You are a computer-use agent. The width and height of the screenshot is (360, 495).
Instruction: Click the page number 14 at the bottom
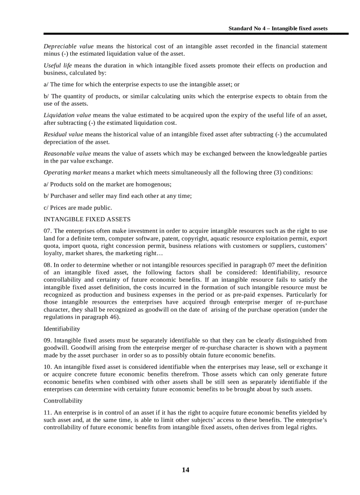coord(185,470)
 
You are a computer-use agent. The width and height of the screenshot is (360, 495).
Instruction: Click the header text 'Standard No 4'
coord(247,28)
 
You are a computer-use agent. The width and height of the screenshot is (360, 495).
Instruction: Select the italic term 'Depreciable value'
coord(68,46)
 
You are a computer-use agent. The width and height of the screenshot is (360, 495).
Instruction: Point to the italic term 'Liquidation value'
coord(67,115)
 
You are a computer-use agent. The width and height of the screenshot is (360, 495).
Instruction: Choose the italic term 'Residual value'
coord(63,134)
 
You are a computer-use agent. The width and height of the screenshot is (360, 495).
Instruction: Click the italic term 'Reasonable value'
coord(67,153)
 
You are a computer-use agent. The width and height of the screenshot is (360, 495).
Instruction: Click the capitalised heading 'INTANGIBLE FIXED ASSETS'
coord(87,219)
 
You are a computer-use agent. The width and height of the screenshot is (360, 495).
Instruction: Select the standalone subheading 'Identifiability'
coord(62,329)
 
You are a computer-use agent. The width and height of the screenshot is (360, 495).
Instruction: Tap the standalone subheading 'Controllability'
coord(63,401)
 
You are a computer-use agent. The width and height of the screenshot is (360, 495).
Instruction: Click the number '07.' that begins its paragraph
coord(48,231)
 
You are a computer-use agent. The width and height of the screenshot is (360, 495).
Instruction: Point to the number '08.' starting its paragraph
coord(48,265)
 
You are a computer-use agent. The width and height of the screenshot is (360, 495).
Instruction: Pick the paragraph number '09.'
coord(48,340)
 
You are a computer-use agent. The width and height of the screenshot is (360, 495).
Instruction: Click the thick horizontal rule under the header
coord(196,34)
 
